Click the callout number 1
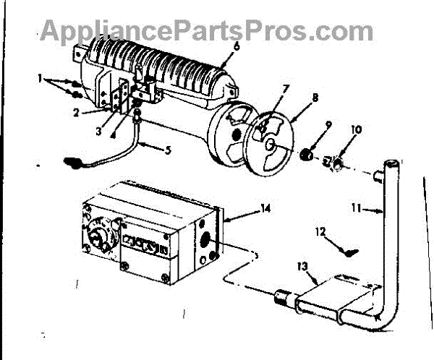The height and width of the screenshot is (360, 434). point(41,77)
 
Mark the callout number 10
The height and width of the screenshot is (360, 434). point(356,130)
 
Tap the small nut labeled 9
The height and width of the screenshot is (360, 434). point(306,154)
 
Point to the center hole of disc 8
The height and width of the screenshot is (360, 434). point(270,144)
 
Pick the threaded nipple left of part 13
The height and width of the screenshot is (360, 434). point(284,296)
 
